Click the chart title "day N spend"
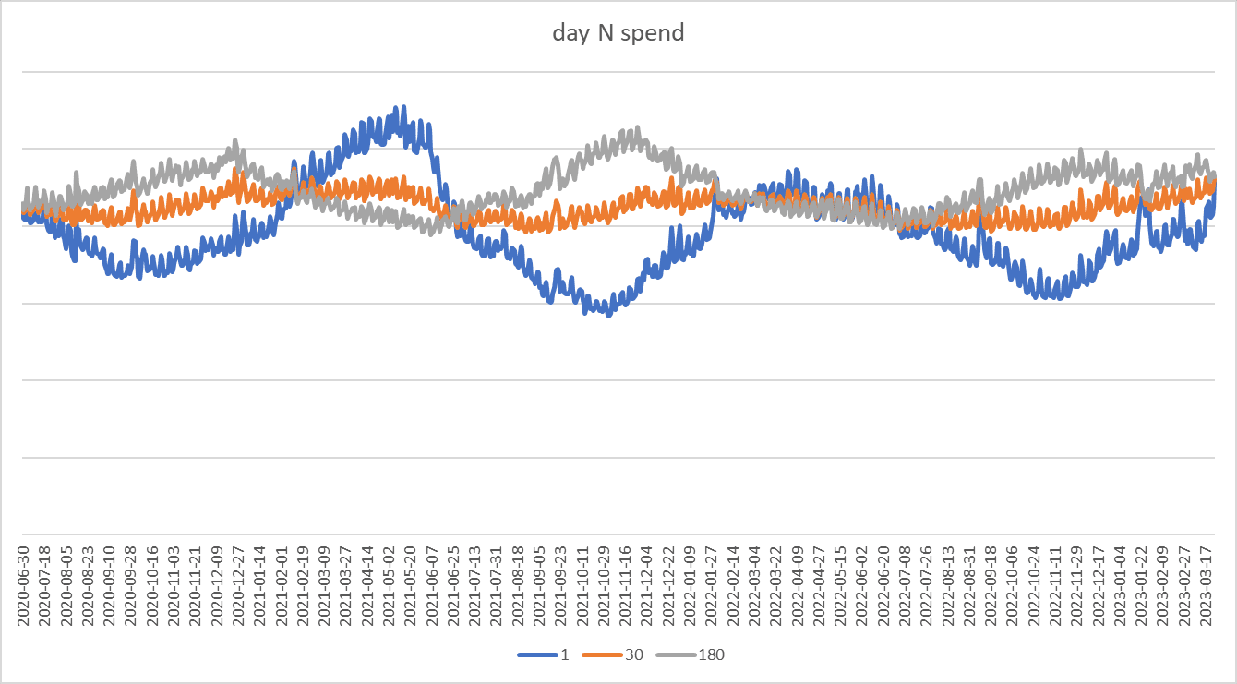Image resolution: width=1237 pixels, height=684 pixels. (618, 33)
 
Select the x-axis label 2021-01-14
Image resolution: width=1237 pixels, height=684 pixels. (260, 586)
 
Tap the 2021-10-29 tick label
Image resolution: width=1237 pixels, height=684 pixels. (605, 586)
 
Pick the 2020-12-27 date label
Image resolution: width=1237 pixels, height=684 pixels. (239, 586)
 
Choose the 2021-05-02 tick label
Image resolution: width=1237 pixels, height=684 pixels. (390, 586)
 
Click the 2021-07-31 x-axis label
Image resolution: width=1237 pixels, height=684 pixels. (497, 586)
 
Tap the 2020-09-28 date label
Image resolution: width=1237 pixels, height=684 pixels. (132, 586)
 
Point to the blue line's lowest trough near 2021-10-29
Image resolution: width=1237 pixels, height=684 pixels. (608, 316)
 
